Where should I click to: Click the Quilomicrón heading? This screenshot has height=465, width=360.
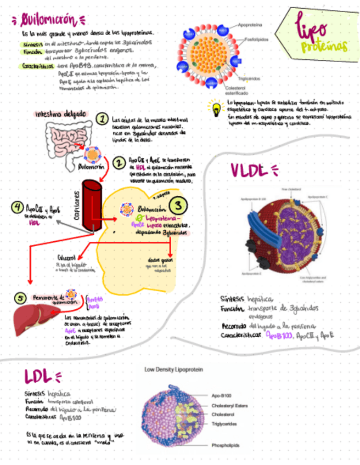pyautogui.click(x=47, y=20)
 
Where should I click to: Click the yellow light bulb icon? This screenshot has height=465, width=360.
pyautogui.click(x=213, y=105)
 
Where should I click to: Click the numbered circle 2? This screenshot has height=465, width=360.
pyautogui.click(x=118, y=162)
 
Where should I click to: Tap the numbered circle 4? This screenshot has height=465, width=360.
pyautogui.click(x=18, y=208)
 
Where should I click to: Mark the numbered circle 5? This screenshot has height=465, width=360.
pyautogui.click(x=20, y=298)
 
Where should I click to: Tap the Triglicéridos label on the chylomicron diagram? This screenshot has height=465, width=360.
pyautogui.click(x=253, y=78)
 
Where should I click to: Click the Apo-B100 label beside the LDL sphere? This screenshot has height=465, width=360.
pyautogui.click(x=223, y=395)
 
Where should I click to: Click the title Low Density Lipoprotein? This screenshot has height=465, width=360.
pyautogui.click(x=173, y=370)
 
